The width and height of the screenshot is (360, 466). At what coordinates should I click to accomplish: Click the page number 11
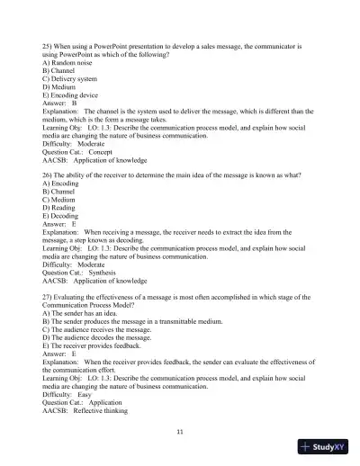pos(180,433)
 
